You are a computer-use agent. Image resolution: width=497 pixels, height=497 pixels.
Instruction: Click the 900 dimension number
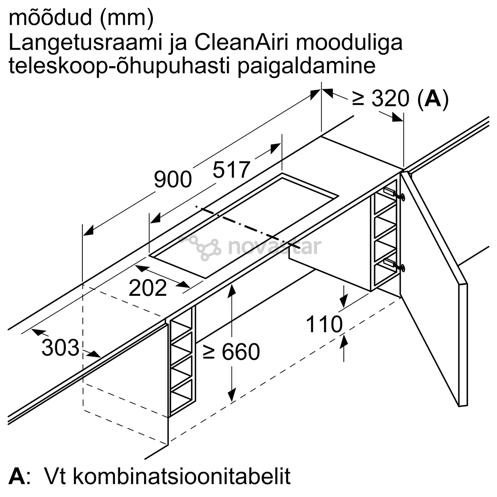[173, 180]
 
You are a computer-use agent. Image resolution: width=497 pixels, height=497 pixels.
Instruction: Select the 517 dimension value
[231, 170]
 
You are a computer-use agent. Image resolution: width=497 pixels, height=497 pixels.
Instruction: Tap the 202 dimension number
[148, 288]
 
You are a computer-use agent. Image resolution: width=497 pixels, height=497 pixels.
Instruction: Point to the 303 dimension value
[60, 347]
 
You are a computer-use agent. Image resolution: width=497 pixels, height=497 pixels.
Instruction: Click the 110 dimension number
[324, 324]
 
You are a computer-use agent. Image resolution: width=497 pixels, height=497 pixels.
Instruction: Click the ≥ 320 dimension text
[381, 98]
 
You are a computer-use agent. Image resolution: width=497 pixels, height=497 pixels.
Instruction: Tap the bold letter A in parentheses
[433, 98]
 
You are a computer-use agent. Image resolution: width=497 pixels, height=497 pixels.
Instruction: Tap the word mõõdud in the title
[51, 18]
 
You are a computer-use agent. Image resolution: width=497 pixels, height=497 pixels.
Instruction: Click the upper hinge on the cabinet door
[395, 194]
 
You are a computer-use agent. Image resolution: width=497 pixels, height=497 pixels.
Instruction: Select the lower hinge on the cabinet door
[395, 264]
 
